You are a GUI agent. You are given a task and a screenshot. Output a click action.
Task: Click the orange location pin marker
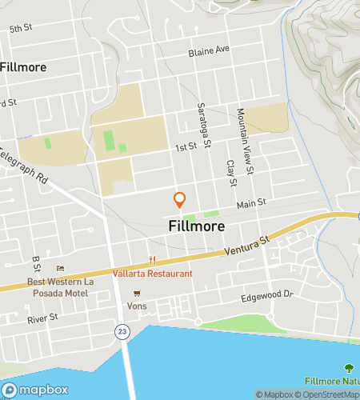[180, 199]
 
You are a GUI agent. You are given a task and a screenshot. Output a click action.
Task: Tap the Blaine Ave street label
[209, 50]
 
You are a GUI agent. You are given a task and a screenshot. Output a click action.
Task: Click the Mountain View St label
[245, 142]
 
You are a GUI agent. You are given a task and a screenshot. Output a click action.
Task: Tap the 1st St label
[186, 148]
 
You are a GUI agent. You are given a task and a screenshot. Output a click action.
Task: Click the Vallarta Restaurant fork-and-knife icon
[152, 260]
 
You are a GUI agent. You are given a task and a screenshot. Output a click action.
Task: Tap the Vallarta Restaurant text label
[158, 274]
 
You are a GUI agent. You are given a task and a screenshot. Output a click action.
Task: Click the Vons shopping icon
[147, 293]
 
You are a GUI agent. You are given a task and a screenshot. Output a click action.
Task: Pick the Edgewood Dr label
[268, 296]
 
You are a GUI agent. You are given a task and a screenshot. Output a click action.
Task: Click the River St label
[42, 318]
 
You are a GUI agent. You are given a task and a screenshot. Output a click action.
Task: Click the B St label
[36, 262]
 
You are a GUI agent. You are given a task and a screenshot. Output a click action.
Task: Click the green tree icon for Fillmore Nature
[348, 368]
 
